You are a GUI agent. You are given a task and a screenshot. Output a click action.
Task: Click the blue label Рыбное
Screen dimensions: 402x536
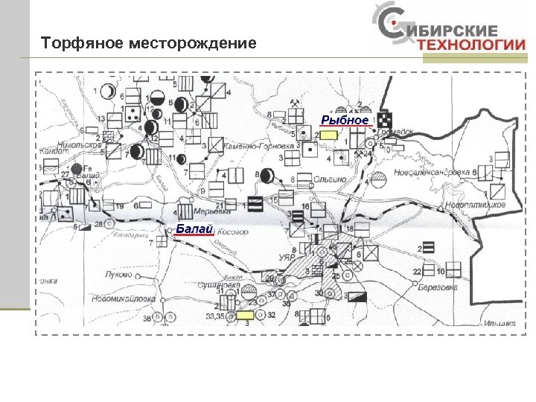pos(345,120)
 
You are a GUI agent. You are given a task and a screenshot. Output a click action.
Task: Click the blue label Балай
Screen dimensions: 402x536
pos(194,229)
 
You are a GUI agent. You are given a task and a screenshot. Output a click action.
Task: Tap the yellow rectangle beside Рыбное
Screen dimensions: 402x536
pos(328,135)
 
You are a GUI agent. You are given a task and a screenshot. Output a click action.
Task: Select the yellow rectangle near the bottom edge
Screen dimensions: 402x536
pos(245,316)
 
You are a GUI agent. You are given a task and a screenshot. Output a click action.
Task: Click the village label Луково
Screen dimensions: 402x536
pos(118,274)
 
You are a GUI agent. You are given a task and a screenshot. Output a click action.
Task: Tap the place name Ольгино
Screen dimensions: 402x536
pos(331,179)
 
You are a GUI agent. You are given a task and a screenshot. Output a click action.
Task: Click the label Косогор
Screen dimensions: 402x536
pos(232,232)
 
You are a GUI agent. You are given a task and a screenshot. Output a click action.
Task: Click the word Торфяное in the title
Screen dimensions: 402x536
pos(82,44)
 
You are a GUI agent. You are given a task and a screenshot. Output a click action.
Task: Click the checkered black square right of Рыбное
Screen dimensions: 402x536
pos(385,119)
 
